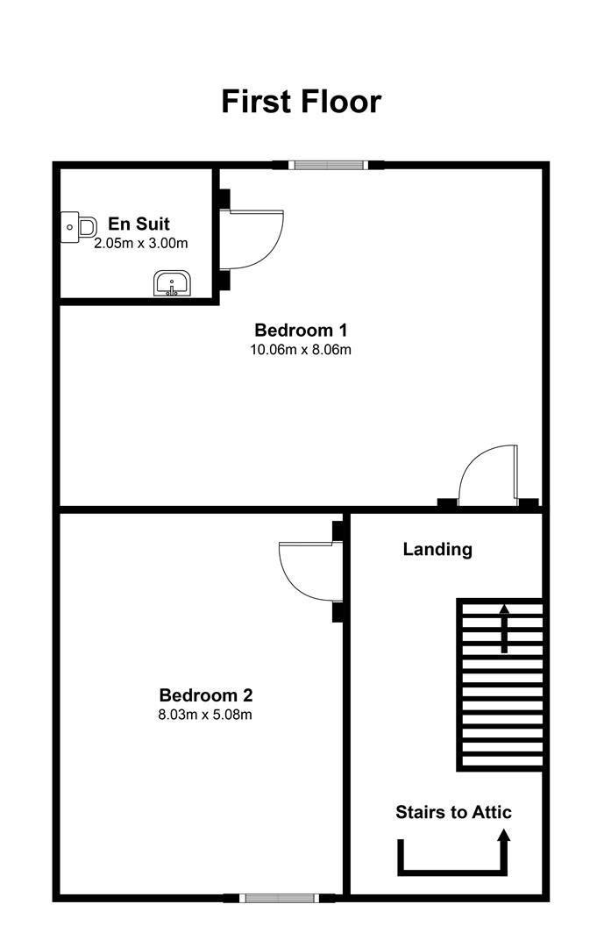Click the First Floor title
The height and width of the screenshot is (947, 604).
coord(302,102)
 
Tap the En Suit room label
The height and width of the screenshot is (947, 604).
coord(139,224)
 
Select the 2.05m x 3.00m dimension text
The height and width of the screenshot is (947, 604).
coord(141,244)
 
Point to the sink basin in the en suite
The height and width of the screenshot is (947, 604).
coord(172,284)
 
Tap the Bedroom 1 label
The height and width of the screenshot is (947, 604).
coord(301,331)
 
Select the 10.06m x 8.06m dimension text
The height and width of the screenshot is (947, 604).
coord(301,350)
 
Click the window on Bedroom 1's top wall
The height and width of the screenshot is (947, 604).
coord(327,165)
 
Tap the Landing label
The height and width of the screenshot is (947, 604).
coord(437,550)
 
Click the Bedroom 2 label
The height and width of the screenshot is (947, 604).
coord(206,695)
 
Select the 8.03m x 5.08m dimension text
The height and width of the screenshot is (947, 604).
coord(205,716)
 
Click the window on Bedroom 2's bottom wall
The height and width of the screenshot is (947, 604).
coord(279,898)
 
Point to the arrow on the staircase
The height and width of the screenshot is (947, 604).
coord(504,628)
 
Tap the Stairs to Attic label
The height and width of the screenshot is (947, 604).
coord(453,812)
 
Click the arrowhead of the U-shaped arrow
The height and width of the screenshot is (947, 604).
coord(504,835)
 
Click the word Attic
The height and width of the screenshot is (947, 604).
coord(490,812)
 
